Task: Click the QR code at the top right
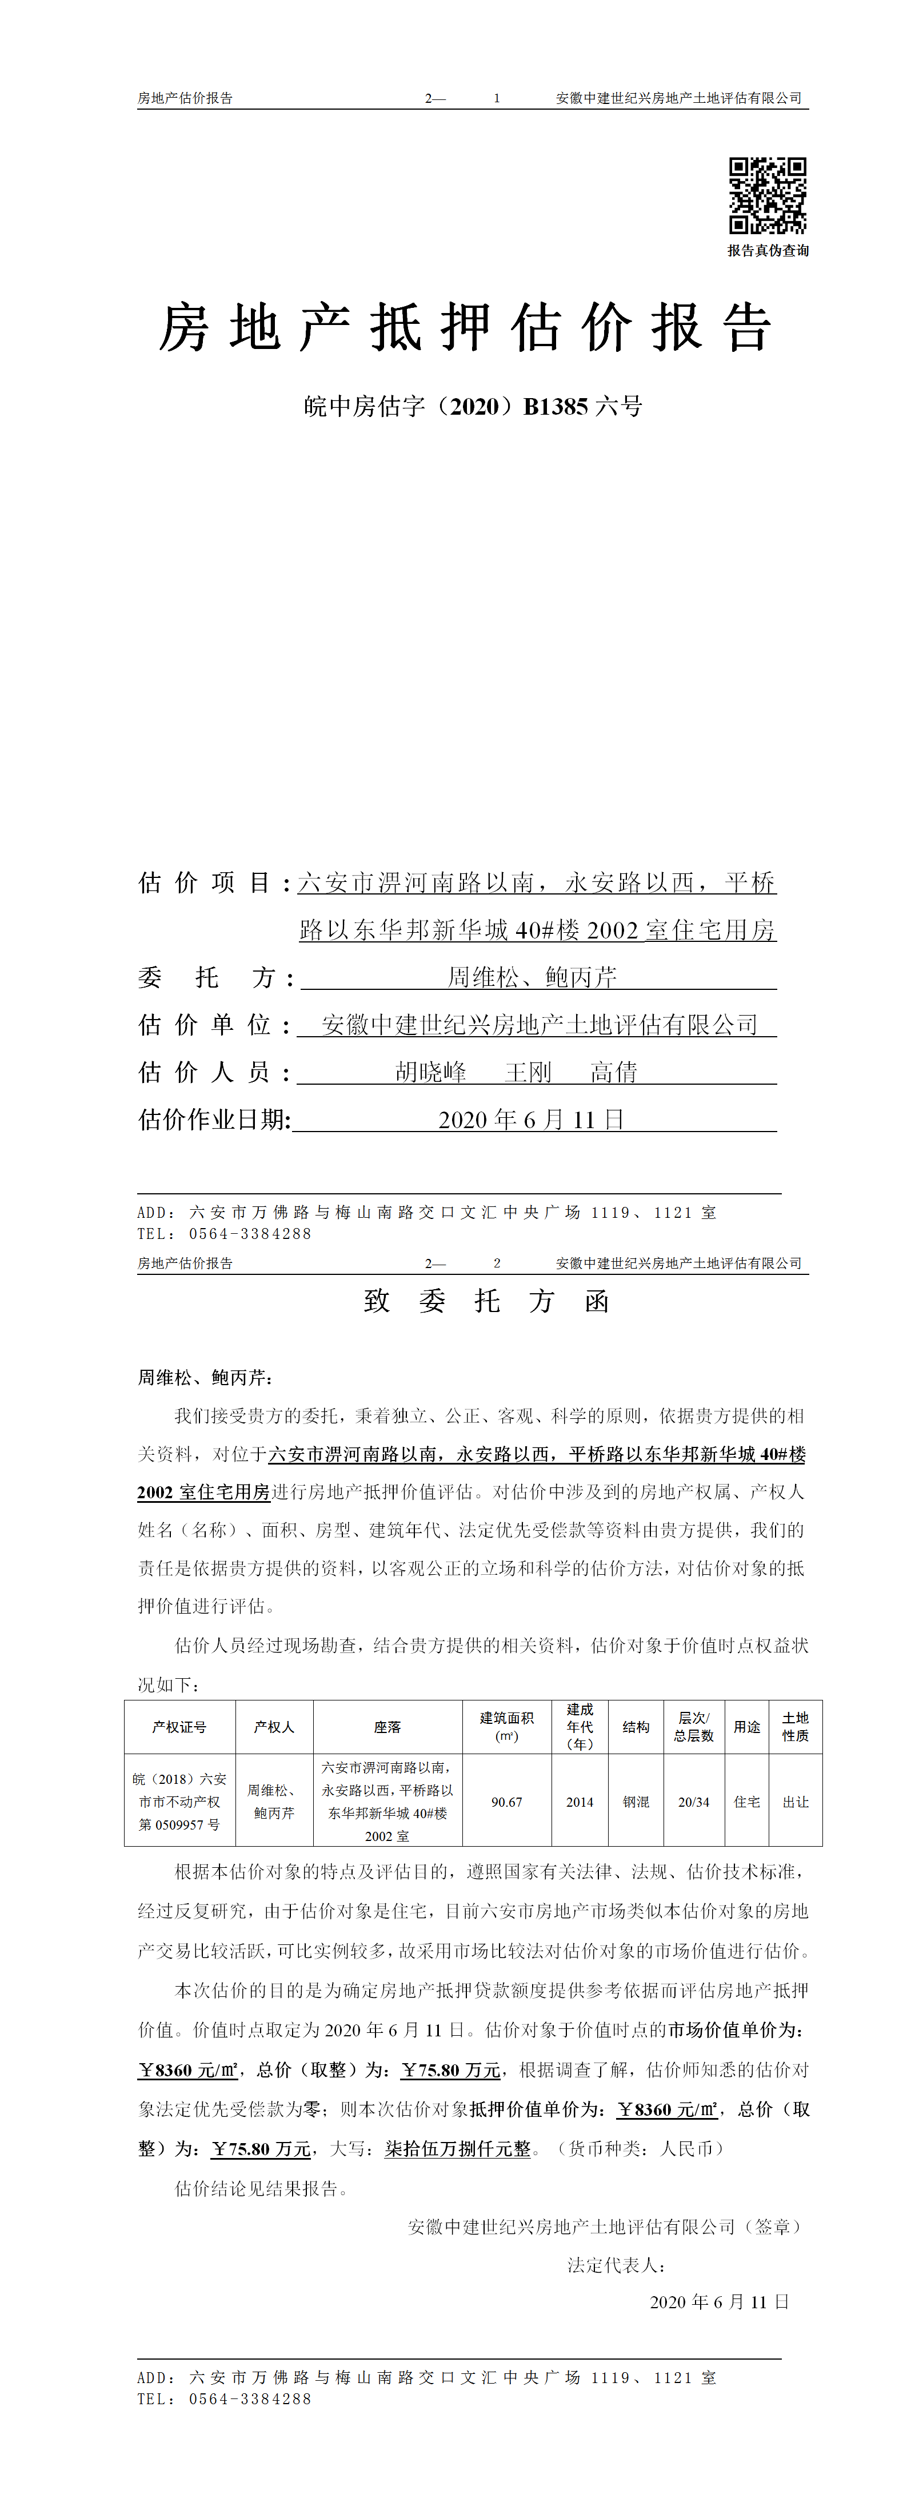(x=768, y=196)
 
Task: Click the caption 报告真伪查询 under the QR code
(x=768, y=251)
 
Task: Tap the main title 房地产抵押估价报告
(x=465, y=327)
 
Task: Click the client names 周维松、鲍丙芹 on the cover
(x=532, y=977)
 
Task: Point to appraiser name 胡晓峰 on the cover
(x=431, y=1072)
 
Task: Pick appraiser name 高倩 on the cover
(x=614, y=1072)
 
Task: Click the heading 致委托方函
(x=486, y=1301)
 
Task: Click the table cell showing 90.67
(x=507, y=1802)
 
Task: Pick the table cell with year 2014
(x=580, y=1802)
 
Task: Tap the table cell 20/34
(x=694, y=1802)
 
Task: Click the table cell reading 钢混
(x=636, y=1802)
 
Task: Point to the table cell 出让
(x=796, y=1802)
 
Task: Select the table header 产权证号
(x=179, y=1727)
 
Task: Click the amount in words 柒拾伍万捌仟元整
(x=458, y=2148)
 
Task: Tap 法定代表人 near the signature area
(x=616, y=2264)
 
